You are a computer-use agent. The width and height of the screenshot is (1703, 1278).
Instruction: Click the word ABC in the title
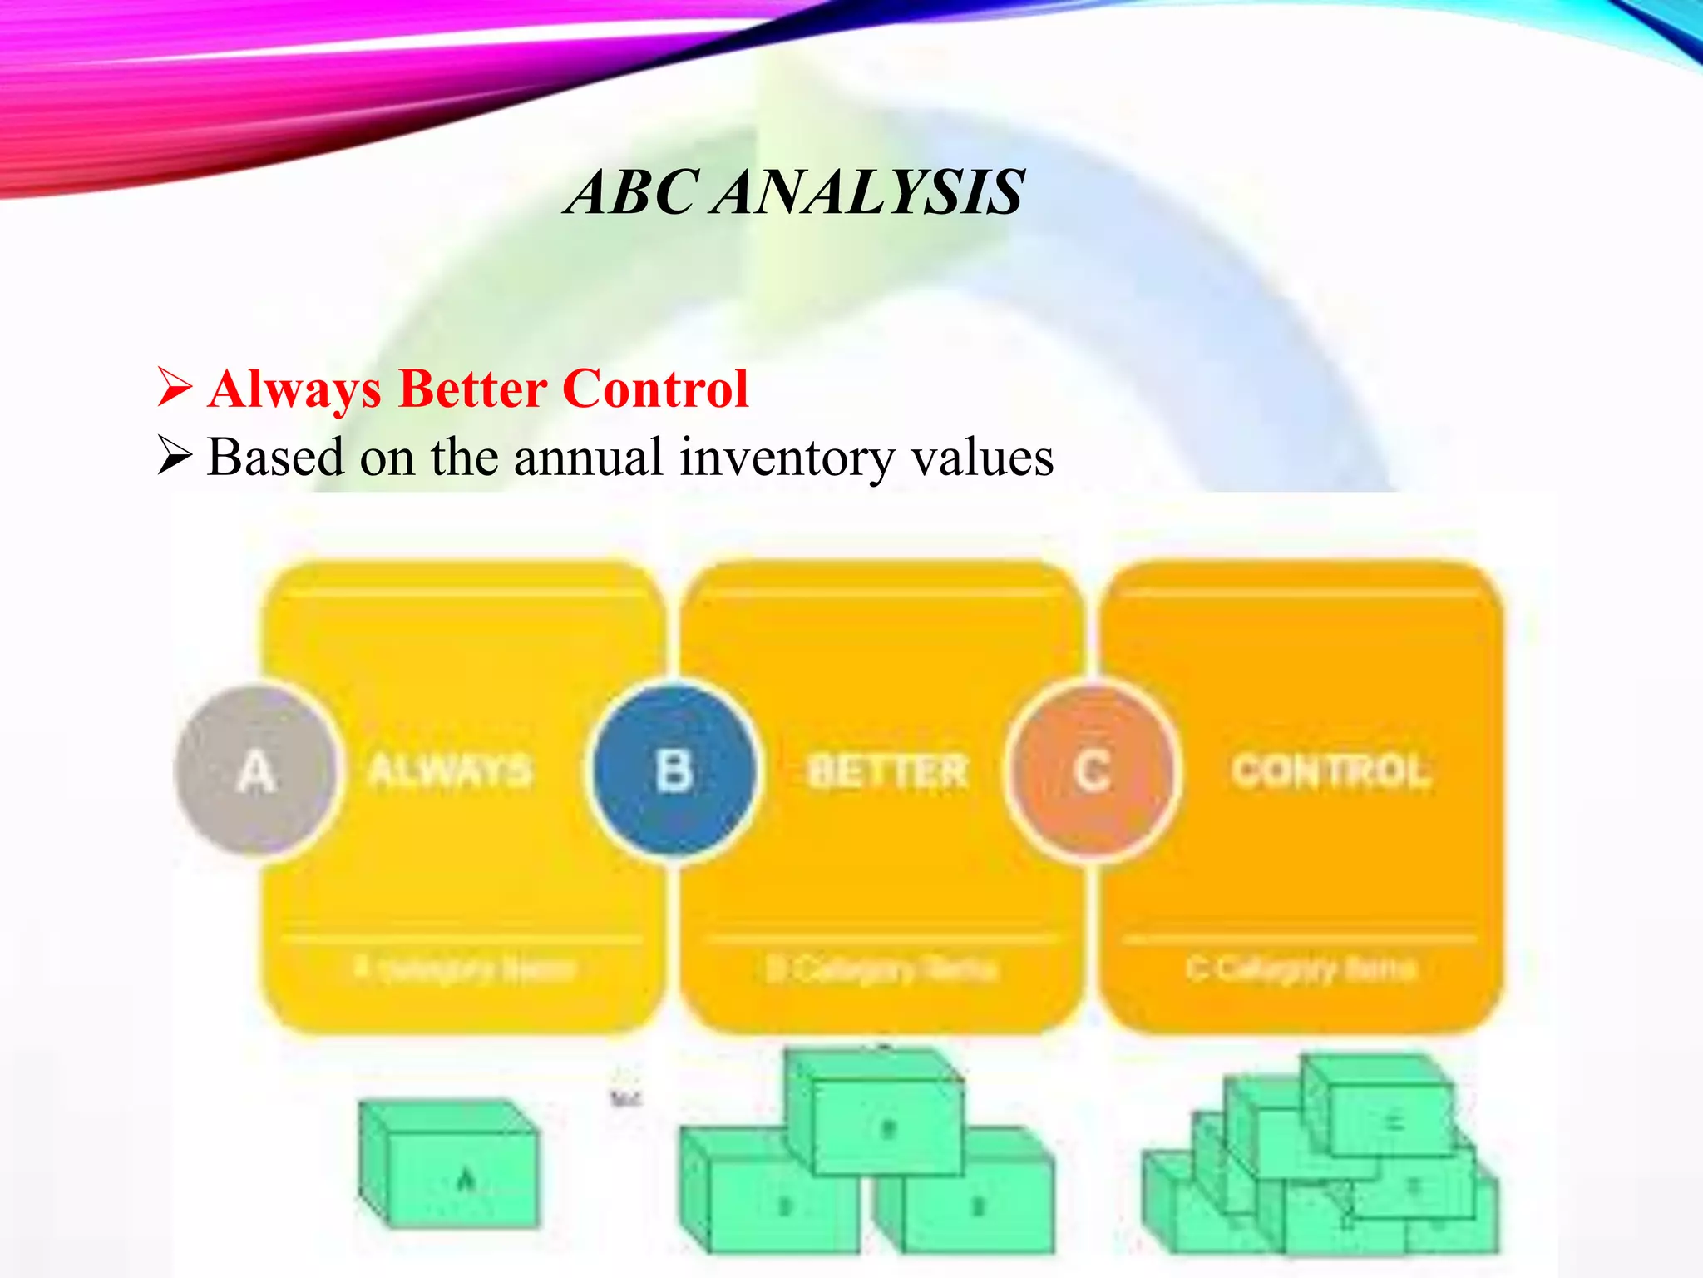(632, 193)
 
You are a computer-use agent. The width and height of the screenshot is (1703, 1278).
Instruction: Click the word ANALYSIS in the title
(868, 193)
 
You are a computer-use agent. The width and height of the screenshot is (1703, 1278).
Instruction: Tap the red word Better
(472, 389)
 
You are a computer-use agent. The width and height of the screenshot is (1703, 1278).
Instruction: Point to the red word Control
(656, 389)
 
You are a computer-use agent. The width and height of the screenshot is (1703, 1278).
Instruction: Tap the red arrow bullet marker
(175, 389)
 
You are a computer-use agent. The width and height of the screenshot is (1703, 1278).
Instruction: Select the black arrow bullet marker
(175, 457)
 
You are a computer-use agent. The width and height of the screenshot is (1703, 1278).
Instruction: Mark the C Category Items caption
(1301, 968)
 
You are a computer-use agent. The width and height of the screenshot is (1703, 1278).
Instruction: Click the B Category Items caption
(881, 968)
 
